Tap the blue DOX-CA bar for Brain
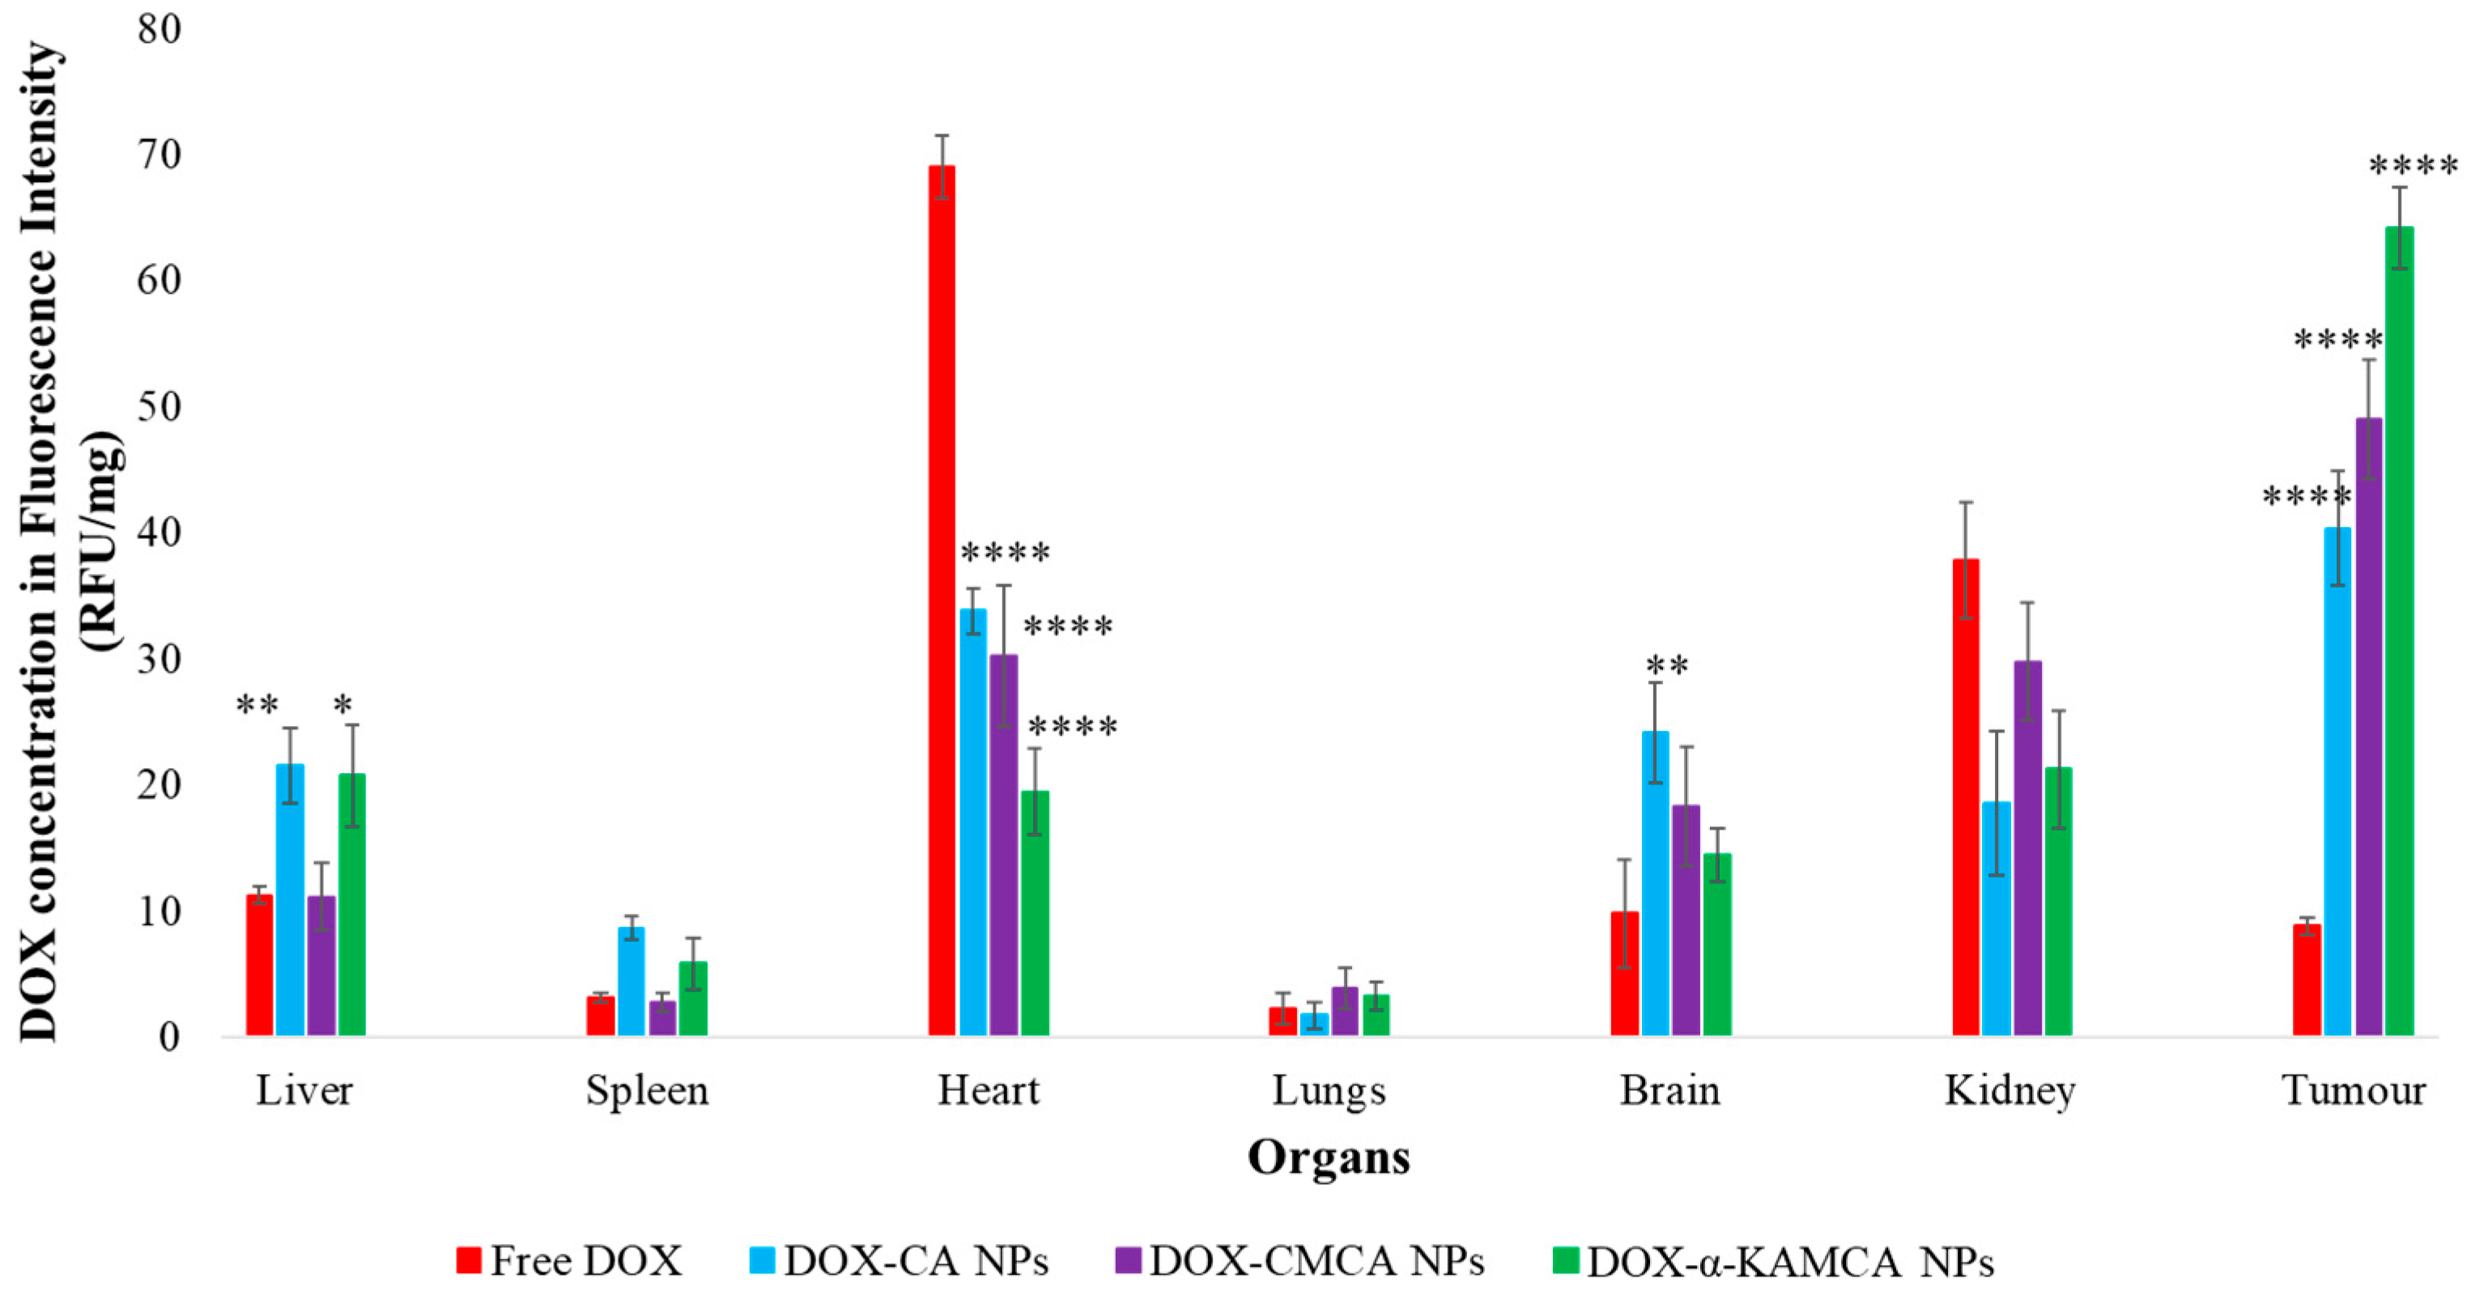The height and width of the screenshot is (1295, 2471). (x=1655, y=882)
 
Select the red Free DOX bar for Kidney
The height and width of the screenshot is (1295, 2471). (x=1966, y=796)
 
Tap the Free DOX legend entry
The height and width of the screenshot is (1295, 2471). (x=570, y=1260)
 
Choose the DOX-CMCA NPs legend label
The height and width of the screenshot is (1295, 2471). (x=1316, y=1260)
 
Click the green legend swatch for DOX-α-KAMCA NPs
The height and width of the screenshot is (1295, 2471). (x=1566, y=1260)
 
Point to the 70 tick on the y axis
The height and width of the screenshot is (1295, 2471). (x=158, y=155)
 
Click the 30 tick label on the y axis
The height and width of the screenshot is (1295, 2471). (x=158, y=659)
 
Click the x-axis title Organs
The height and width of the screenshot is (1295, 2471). (x=1329, y=1157)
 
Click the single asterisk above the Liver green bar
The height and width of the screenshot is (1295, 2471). (x=342, y=706)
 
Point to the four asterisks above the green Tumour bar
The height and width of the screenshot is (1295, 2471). (x=2414, y=167)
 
